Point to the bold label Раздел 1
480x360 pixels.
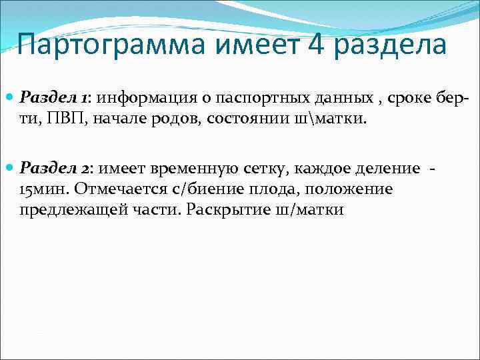(x=55, y=98)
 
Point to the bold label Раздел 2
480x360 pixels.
(x=55, y=169)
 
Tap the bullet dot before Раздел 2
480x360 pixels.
(x=9, y=169)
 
